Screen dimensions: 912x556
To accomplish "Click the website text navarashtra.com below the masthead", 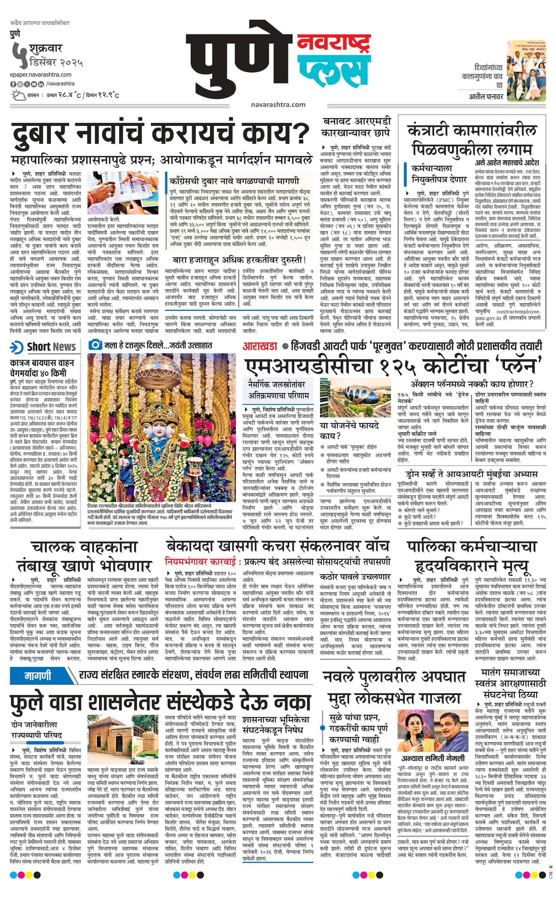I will pyautogui.click(x=278, y=104).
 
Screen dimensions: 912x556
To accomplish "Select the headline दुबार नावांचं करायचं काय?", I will pyautogui.click(x=160, y=134).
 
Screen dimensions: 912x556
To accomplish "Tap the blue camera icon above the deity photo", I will pyautogui.click(x=95, y=345).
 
